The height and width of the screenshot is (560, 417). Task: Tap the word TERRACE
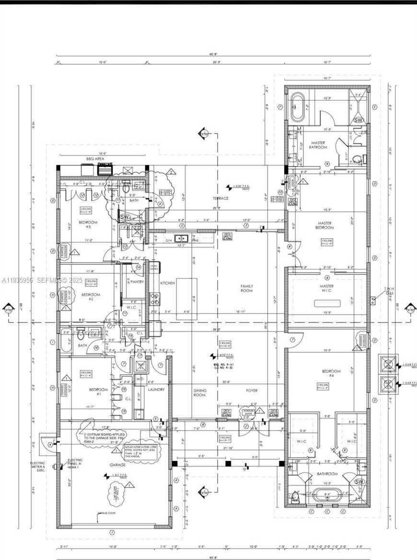click(220, 198)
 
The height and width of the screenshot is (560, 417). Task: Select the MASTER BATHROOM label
click(319, 145)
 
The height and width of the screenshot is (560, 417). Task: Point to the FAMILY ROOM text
click(247, 288)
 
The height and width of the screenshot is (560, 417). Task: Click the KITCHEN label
click(167, 284)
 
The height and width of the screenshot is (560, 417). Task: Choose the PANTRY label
click(137, 282)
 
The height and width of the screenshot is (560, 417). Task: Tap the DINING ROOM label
click(200, 393)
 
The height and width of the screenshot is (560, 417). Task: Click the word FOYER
click(252, 391)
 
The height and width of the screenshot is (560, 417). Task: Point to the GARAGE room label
click(117, 465)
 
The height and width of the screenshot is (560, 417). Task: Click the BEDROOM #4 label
click(331, 374)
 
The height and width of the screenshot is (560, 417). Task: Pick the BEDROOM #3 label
click(88, 225)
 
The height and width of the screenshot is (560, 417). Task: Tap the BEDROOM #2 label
click(91, 297)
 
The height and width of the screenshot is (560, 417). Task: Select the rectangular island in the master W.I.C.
click(327, 303)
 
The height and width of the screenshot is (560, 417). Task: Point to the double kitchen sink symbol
click(181, 238)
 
